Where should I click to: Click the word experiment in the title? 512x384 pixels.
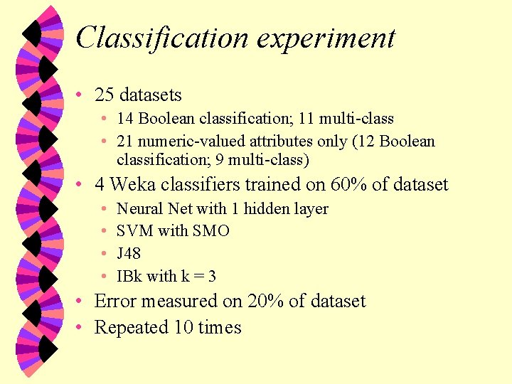(x=326, y=38)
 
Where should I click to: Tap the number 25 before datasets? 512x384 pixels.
(x=105, y=95)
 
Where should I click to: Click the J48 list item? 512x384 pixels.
(x=129, y=254)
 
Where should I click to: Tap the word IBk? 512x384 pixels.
(x=129, y=276)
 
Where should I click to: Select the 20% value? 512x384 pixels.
(x=264, y=301)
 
